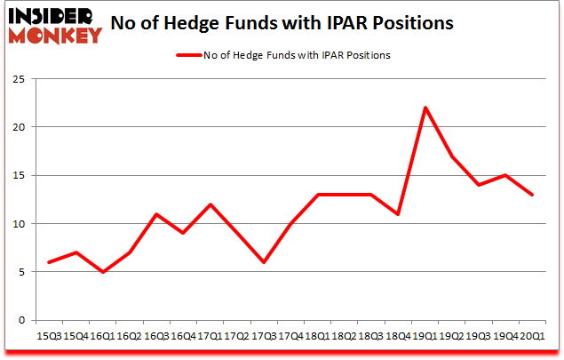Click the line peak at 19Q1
pyautogui.click(x=425, y=108)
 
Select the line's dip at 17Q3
pyautogui.click(x=264, y=262)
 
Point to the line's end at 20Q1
pyautogui.click(x=532, y=195)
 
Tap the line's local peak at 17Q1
pyautogui.click(x=211, y=204)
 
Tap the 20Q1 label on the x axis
pyautogui.click(x=532, y=337)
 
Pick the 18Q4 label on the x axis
pyautogui.click(x=399, y=337)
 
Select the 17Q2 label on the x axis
pyautogui.click(x=237, y=337)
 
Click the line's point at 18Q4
pyautogui.click(x=399, y=214)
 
